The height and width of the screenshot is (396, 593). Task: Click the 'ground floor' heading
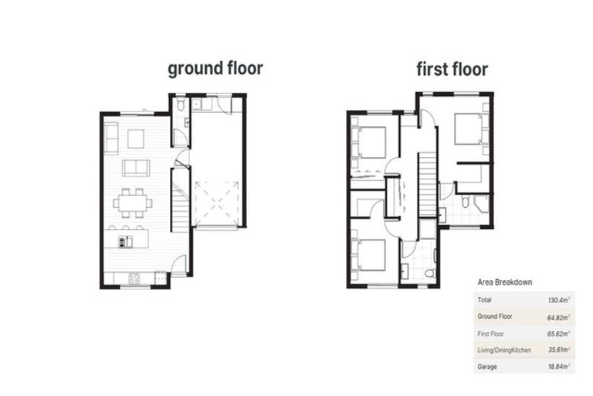click(215, 68)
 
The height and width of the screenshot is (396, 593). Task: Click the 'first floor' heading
click(452, 69)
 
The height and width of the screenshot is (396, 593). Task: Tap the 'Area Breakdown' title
click(505, 282)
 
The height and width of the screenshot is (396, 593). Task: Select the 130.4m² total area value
click(558, 299)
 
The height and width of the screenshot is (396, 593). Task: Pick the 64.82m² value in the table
click(557, 316)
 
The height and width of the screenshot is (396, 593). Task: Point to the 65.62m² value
click(557, 333)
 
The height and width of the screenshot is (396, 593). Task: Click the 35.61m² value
click(557, 350)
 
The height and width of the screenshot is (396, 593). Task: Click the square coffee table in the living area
click(136, 138)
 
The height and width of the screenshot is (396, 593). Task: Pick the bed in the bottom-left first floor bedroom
click(371, 254)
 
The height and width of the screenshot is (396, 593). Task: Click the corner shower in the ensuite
click(481, 203)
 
